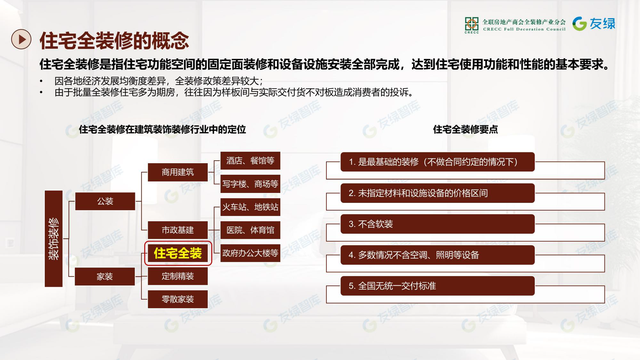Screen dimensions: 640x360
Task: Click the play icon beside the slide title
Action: tap(21, 39)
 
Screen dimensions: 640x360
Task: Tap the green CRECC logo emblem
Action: tap(472, 25)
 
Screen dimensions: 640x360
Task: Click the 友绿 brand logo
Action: tap(594, 24)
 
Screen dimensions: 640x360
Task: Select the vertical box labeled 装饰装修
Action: tap(53, 238)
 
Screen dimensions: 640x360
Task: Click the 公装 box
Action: tap(105, 201)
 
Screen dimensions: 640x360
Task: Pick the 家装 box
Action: tap(105, 276)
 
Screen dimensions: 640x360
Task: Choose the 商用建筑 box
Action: tap(178, 172)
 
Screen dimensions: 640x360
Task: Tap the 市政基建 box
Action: tap(178, 230)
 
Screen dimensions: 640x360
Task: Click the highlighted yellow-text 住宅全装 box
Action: tap(178, 253)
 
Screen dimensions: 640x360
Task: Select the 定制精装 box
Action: tap(178, 276)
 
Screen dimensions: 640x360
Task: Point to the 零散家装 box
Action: tap(178, 299)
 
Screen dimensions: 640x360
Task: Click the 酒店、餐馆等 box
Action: tap(250, 161)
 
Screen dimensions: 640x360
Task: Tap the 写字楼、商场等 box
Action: tap(250, 184)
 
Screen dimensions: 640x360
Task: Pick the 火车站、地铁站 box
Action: tap(250, 207)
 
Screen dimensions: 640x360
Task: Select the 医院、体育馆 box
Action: tap(250, 230)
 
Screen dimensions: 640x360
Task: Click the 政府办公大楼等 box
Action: tap(250, 253)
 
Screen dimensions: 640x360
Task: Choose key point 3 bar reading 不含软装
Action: tap(437, 224)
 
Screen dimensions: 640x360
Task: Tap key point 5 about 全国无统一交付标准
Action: tap(437, 286)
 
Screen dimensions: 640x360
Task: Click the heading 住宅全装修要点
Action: tap(465, 129)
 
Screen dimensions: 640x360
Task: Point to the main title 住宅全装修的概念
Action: tap(114, 41)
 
